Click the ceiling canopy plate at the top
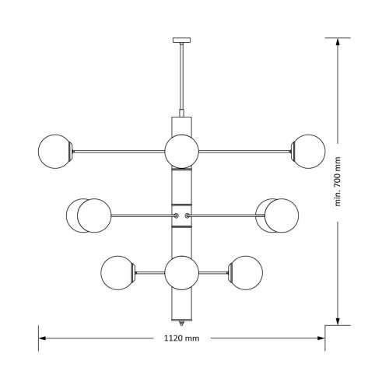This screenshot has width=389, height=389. point(180,38)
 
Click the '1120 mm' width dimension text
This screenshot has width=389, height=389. point(180,338)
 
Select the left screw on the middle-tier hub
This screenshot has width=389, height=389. point(175,215)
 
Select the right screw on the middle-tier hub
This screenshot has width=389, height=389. point(187,215)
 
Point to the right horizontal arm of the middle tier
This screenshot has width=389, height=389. point(226,215)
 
